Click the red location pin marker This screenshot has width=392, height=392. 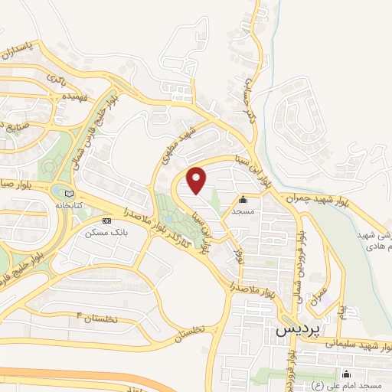[x=198, y=180]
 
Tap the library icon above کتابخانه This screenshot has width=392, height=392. [x=70, y=194]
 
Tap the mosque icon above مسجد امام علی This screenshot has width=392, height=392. [x=346, y=374]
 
